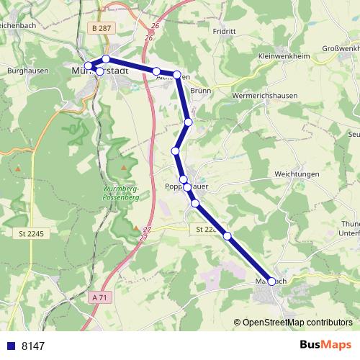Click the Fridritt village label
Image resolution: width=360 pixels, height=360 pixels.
225,32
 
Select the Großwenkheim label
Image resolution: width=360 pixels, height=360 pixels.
335,49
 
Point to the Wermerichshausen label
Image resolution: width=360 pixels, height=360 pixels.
265,95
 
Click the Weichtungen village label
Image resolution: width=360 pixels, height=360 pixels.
297,174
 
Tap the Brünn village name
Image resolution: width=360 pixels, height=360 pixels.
200,91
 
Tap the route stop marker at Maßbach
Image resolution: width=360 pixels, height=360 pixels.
271,282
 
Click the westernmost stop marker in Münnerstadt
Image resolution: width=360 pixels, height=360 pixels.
89,66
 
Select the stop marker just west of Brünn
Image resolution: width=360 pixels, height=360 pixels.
177,74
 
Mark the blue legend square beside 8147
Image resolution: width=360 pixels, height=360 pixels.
10,346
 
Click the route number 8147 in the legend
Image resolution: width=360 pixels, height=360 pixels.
33,346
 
